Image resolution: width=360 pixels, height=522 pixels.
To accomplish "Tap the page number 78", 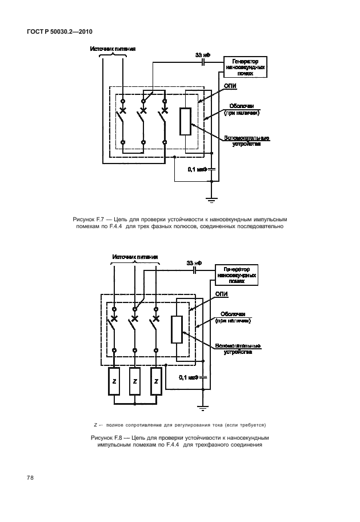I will click(29, 477).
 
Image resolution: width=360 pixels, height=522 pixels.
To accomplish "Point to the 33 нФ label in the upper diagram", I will click(202, 55).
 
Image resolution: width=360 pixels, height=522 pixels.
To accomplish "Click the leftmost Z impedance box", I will click(114, 381).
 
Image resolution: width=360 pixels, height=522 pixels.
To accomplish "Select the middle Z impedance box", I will click(135, 381).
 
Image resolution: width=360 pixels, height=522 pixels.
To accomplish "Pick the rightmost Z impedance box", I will click(155, 381).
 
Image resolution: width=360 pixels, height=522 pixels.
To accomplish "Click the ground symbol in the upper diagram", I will click(212, 200).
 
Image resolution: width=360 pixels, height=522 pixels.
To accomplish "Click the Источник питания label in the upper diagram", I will click(113, 49).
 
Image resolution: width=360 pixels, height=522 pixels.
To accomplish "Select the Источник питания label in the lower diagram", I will click(135, 257).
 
